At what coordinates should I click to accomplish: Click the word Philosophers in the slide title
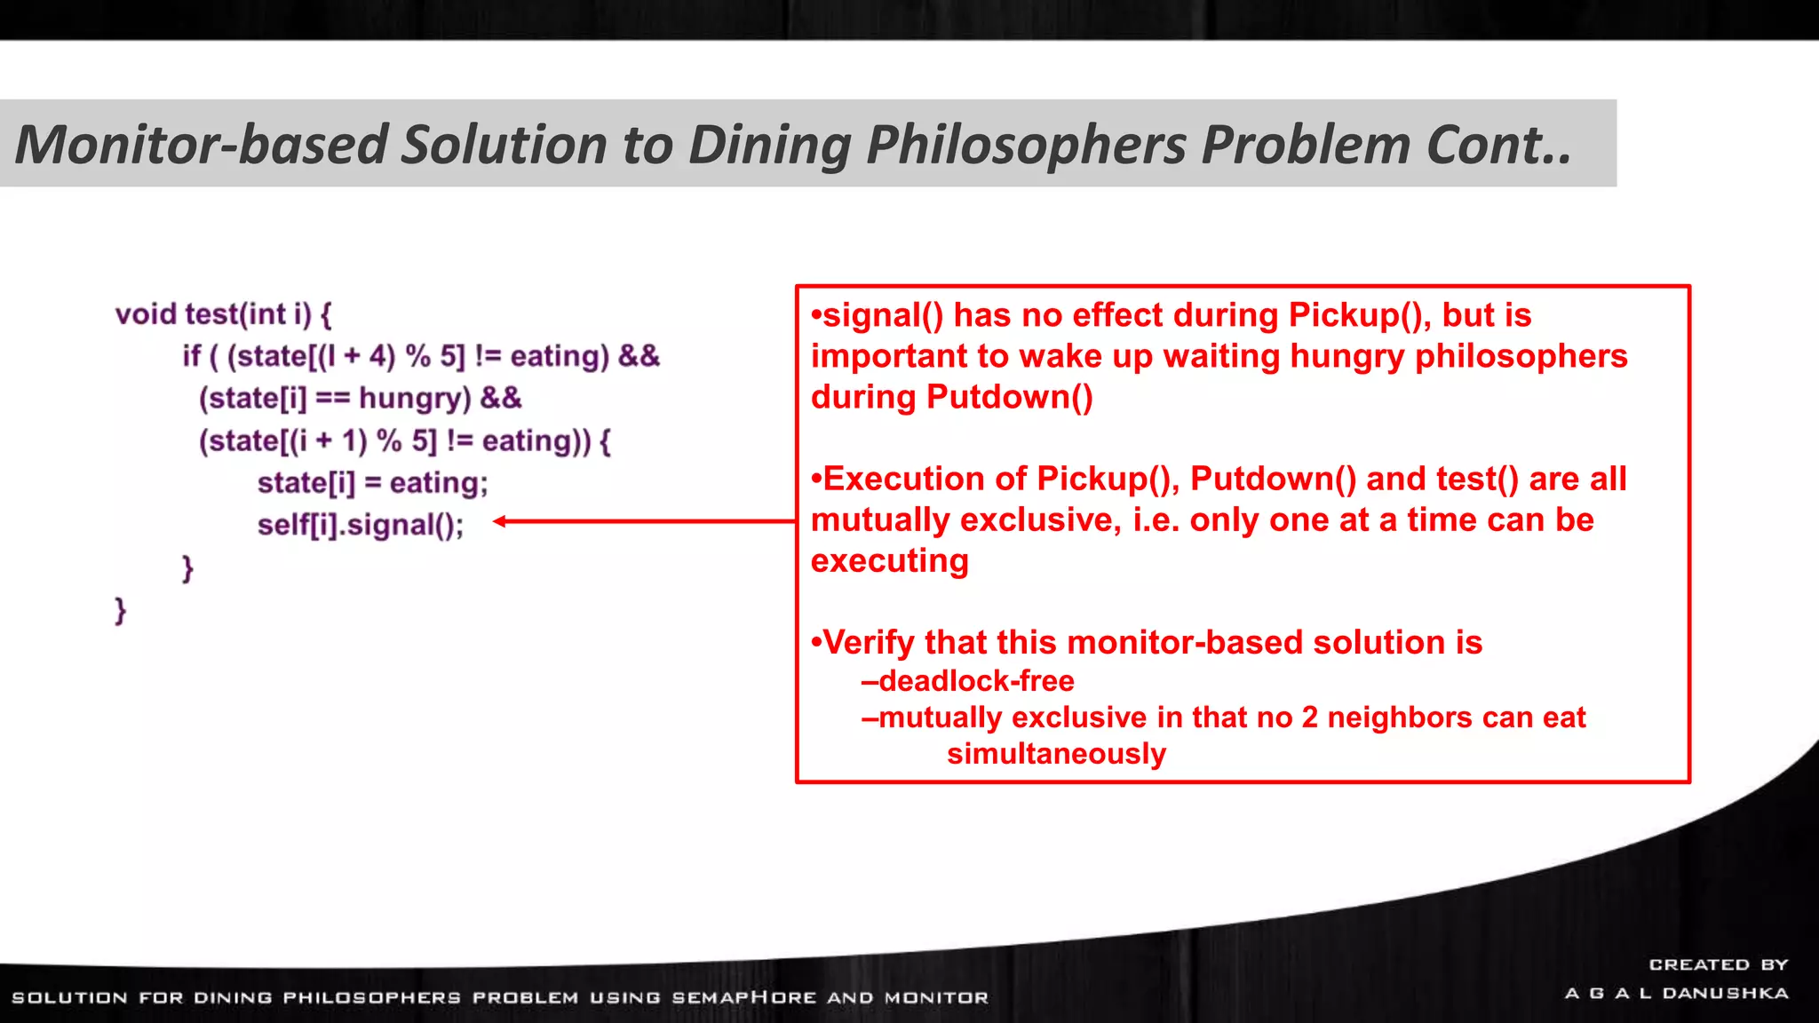click(x=1026, y=145)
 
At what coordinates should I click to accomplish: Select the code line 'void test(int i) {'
click(x=223, y=314)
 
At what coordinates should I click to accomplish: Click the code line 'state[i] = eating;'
click(x=372, y=483)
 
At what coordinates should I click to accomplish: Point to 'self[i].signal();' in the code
click(x=361, y=526)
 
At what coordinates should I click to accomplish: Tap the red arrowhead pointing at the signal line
click(x=500, y=521)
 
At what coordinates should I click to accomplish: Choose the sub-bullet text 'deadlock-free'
click(x=976, y=681)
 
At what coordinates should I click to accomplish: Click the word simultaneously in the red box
click(x=1056, y=754)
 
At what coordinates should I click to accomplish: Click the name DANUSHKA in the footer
click(x=1725, y=993)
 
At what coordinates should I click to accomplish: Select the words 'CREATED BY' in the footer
click(x=1718, y=964)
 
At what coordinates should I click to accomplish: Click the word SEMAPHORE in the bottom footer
click(x=743, y=997)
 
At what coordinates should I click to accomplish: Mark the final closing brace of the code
click(x=120, y=610)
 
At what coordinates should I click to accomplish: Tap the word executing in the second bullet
click(x=890, y=561)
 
